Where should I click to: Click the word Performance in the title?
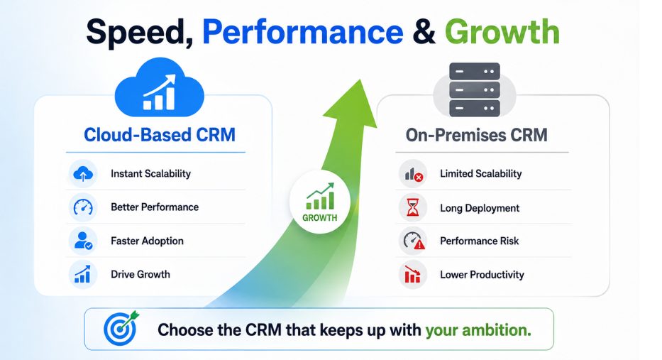pos(303,32)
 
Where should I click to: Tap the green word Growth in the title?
pos(502,32)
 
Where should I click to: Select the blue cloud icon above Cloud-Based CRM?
pos(159,87)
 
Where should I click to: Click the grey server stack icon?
pos(475,89)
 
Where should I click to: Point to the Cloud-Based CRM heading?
pos(160,135)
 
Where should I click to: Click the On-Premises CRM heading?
pos(477,135)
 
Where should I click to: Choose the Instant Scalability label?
pos(150,174)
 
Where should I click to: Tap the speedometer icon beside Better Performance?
pos(83,207)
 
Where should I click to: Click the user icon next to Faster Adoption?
pos(83,241)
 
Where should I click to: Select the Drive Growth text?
pos(140,274)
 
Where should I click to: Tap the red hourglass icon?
pos(412,207)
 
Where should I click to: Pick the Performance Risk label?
pos(479,241)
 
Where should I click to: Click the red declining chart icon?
pos(412,275)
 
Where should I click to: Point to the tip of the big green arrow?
pos(360,79)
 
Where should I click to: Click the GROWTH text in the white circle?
pos(319,218)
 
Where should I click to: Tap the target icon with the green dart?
pos(121,328)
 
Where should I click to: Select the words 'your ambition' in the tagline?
pos(478,330)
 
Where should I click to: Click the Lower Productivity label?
pos(482,275)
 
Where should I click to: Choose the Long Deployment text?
pos(480,208)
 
